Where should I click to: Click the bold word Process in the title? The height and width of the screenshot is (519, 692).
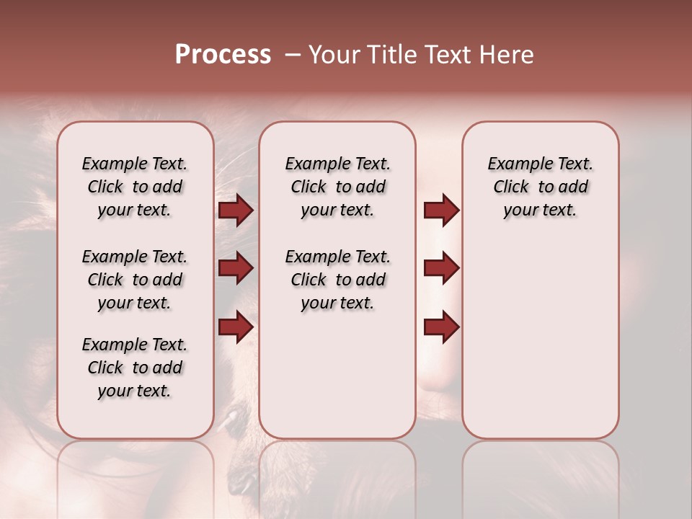(x=223, y=55)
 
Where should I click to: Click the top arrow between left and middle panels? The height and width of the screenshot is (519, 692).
(x=236, y=210)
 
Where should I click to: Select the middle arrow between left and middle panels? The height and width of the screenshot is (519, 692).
(x=236, y=269)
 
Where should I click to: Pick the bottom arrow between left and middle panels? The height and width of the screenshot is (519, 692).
(x=236, y=327)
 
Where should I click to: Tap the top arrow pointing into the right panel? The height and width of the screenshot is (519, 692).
(x=442, y=210)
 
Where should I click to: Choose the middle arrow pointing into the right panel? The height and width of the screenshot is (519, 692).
(x=442, y=269)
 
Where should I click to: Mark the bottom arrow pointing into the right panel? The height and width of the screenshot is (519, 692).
(x=442, y=327)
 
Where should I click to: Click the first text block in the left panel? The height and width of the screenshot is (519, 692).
(x=135, y=187)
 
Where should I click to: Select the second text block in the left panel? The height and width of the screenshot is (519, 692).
(x=135, y=280)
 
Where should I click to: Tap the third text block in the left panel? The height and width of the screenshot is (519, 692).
(x=135, y=368)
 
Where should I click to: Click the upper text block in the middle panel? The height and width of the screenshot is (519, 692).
(x=338, y=187)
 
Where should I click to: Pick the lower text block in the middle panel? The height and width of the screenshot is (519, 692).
(x=338, y=280)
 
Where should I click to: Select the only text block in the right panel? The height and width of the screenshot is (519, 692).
(x=541, y=187)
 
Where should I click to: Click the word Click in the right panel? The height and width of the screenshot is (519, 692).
(x=511, y=187)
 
